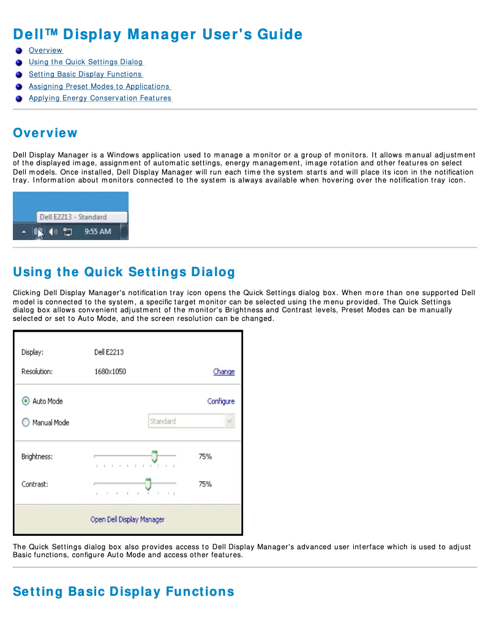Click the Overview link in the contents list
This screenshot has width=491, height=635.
(x=45, y=50)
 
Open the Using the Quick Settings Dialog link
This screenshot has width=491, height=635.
(x=86, y=62)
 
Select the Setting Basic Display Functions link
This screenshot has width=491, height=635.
(x=85, y=74)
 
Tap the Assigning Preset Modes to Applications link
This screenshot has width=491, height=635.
(x=99, y=86)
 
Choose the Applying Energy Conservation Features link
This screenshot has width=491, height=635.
(x=100, y=98)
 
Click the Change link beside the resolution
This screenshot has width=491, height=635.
(x=223, y=372)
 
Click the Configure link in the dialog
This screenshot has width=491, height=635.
(x=220, y=402)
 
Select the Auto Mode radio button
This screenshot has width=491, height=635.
(x=26, y=401)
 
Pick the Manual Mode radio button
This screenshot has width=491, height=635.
(x=26, y=423)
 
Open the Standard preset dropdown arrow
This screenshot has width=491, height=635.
(x=229, y=421)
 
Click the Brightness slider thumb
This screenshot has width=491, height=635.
(x=154, y=456)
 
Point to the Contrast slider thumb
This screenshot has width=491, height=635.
(x=148, y=484)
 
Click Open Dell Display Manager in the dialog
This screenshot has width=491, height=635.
(x=127, y=519)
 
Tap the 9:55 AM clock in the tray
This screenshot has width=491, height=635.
(x=97, y=232)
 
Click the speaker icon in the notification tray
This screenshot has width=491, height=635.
(x=53, y=232)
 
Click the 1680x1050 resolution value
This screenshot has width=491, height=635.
(x=110, y=372)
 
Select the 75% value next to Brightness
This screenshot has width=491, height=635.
(x=205, y=457)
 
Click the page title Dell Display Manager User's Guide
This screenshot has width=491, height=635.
(x=158, y=34)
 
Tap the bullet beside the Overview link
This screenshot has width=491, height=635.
(x=20, y=51)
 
